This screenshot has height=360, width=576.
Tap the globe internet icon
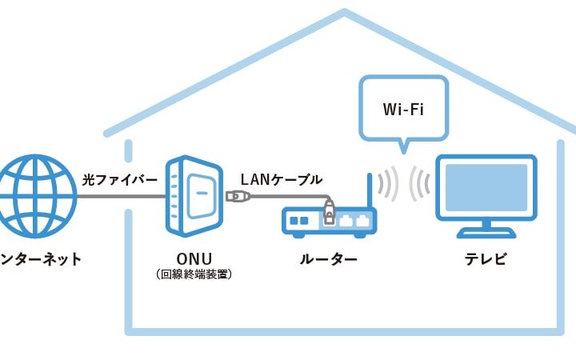[32, 194]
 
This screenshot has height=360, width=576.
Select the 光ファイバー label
[120, 179]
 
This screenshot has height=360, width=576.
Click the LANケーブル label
[282, 179]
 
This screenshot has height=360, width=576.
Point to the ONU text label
[194, 259]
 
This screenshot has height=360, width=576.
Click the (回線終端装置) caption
[194, 274]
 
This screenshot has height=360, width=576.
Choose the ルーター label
[328, 259]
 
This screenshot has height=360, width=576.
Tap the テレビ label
[486, 259]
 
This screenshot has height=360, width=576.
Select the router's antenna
[369, 192]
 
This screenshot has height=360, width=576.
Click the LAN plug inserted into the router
[328, 213]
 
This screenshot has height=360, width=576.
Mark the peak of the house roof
[345, 14]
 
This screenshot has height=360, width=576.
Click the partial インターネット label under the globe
[40, 259]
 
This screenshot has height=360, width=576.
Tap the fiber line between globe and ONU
[120, 194]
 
